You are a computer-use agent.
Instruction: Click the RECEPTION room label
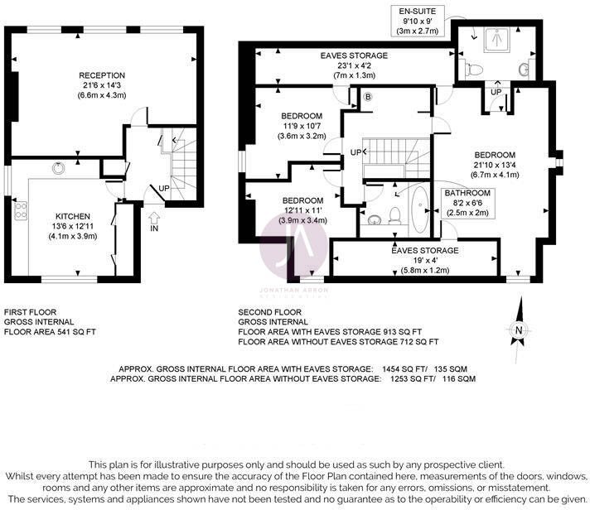click(x=101, y=75)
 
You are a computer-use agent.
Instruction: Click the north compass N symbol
click(x=518, y=331)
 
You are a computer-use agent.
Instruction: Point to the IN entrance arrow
click(x=155, y=221)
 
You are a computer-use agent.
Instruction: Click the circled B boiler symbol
click(x=367, y=97)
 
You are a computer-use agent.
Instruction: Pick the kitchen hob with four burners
click(x=21, y=212)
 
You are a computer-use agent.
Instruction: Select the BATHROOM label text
click(x=467, y=193)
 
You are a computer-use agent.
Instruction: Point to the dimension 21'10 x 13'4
click(x=496, y=165)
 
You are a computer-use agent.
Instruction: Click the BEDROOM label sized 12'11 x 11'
click(x=302, y=200)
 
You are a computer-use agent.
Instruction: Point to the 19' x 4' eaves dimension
click(x=424, y=260)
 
